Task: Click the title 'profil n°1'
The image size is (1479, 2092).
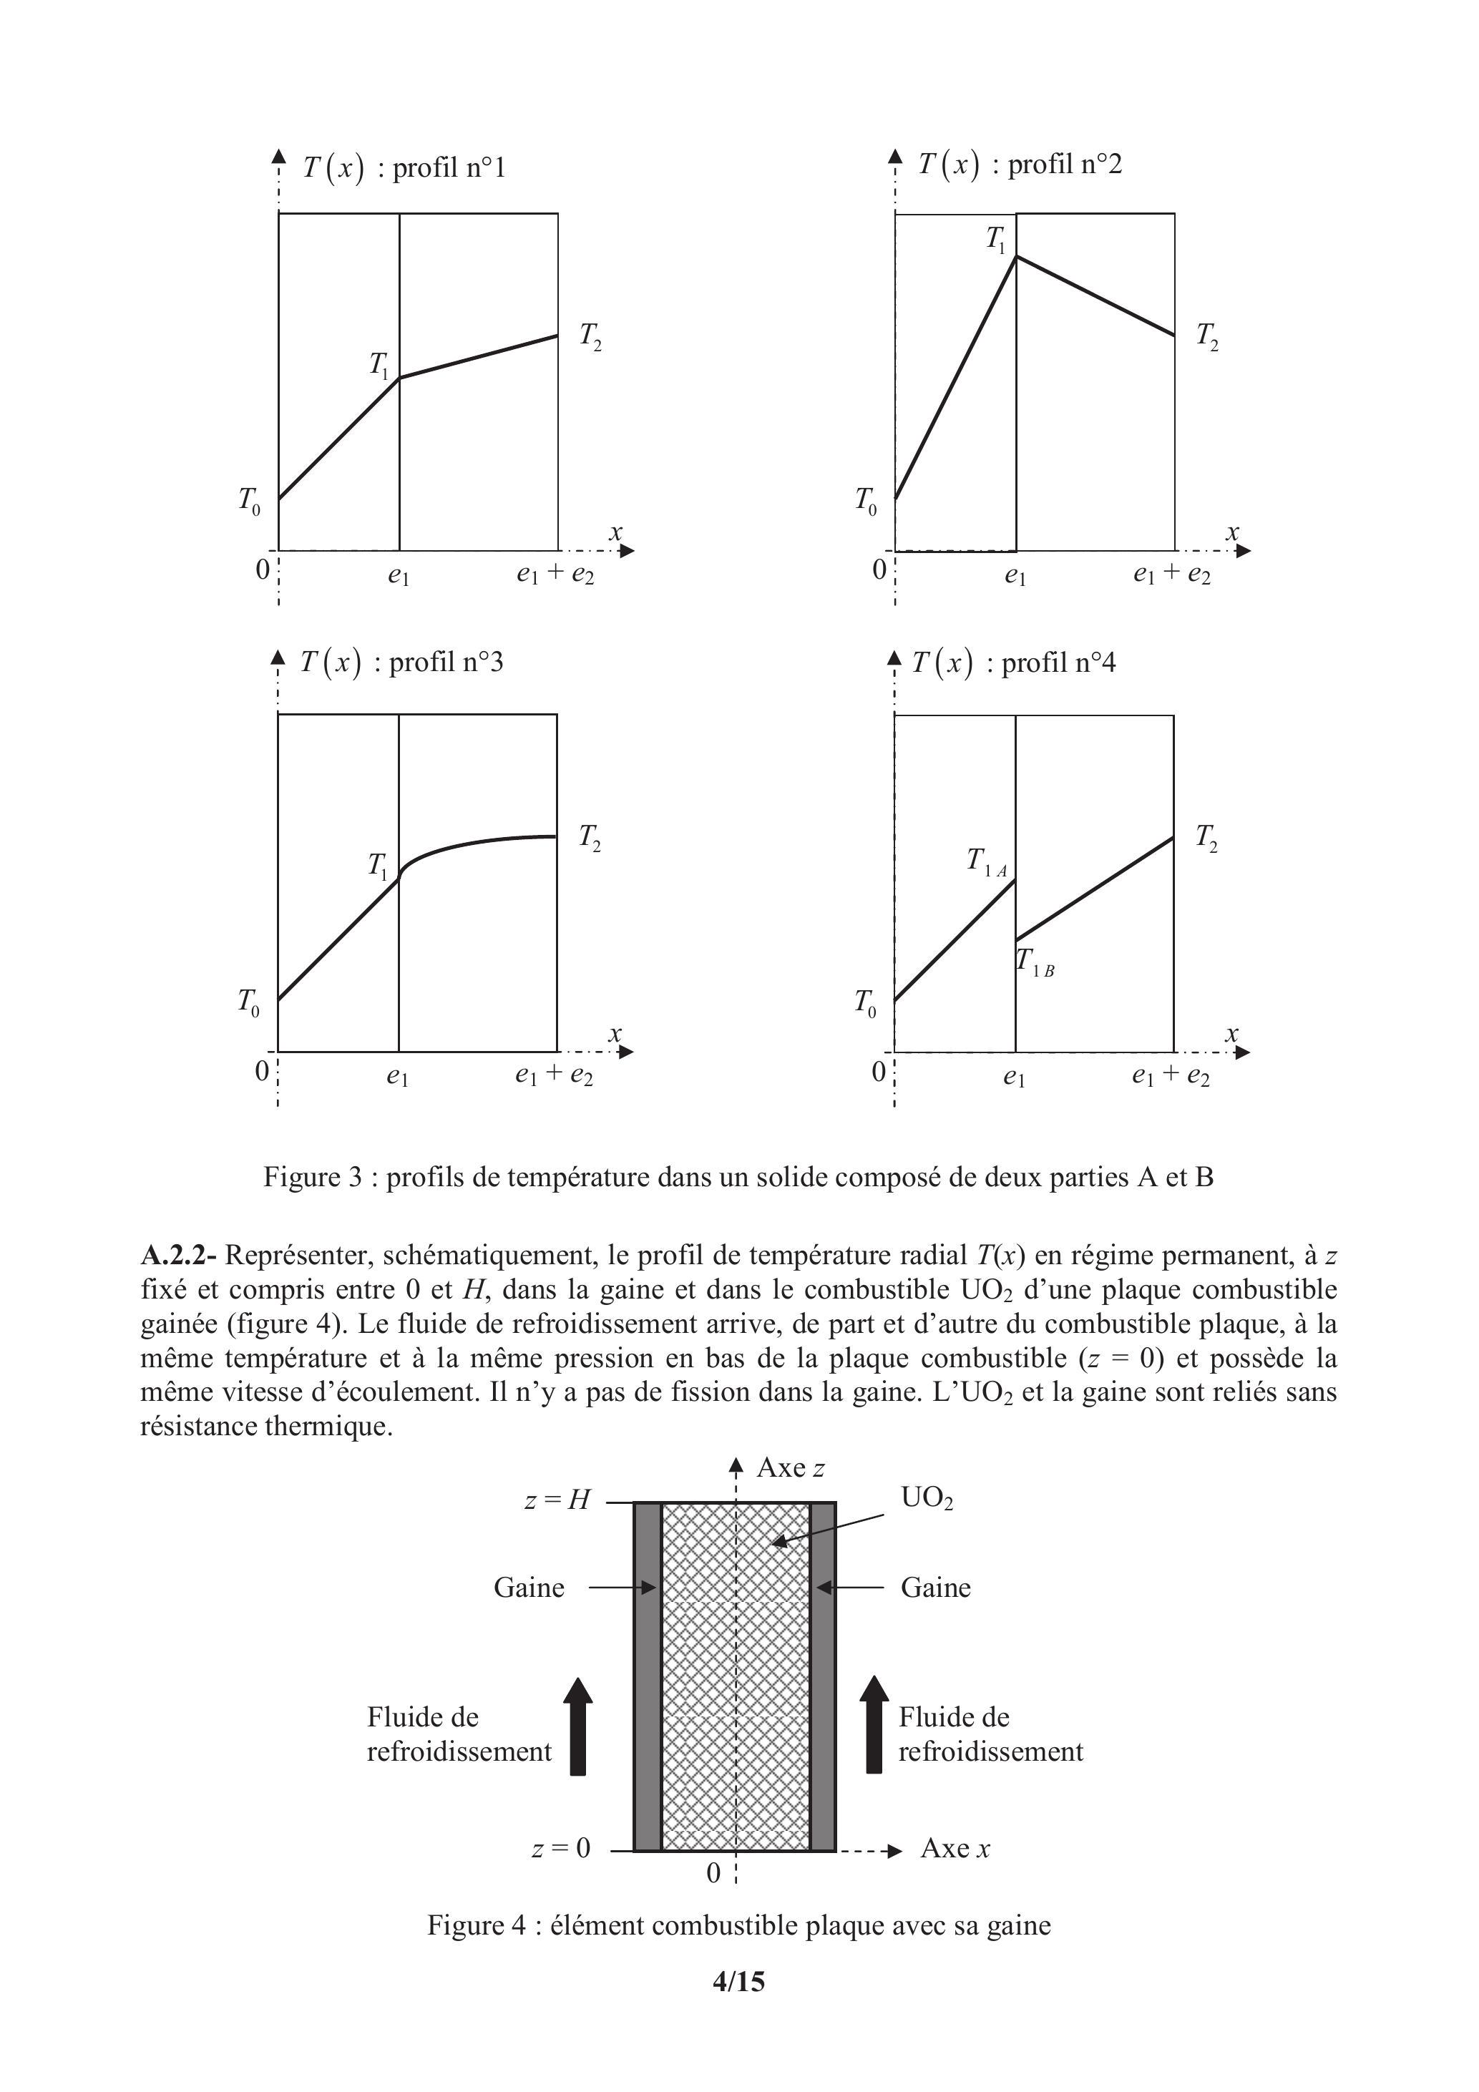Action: coord(449,169)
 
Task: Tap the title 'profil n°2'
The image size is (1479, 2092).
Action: coord(1065,165)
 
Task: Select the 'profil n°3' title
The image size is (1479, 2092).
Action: coord(446,663)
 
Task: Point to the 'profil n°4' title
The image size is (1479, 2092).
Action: coord(1058,663)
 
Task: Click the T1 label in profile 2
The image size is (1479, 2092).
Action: coord(996,240)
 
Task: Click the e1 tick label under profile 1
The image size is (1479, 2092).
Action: coord(399,576)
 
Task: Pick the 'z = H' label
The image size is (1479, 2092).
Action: coord(557,1500)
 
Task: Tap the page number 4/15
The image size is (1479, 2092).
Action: coord(738,1981)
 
